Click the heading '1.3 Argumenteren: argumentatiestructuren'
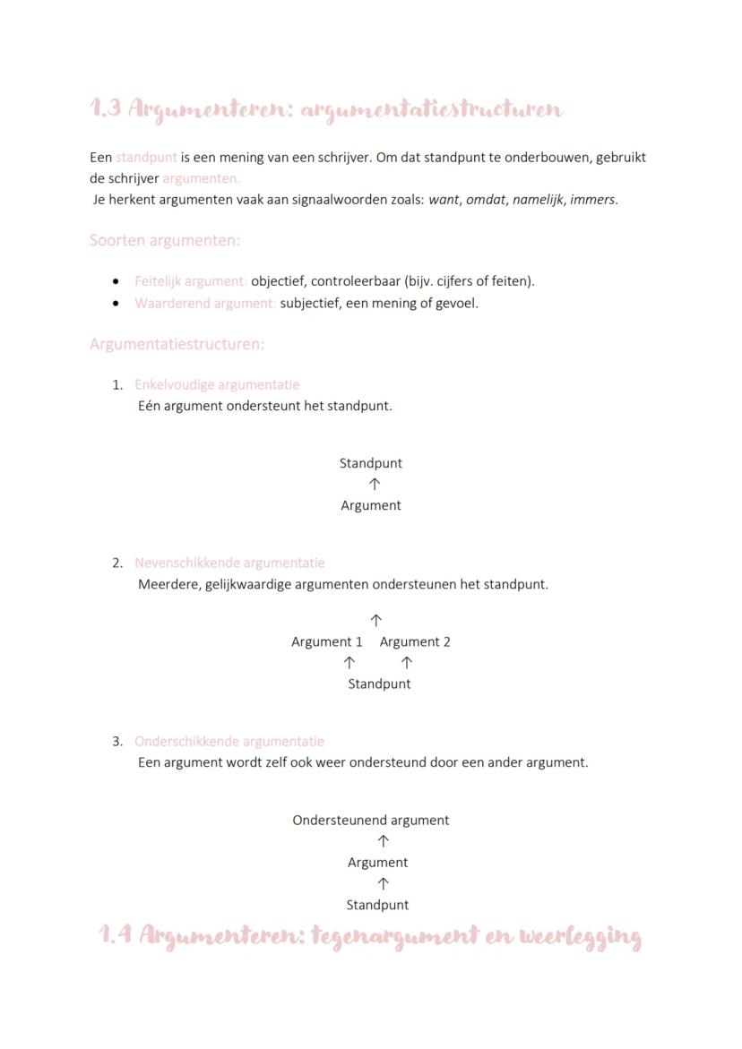[x=326, y=109]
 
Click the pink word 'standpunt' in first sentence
[x=146, y=157]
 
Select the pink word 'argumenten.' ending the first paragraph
[x=201, y=178]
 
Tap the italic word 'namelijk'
[x=538, y=200]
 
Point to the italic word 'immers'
[x=591, y=200]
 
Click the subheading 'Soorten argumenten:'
[x=165, y=240]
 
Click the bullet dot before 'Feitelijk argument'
[x=116, y=281]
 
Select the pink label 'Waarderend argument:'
[x=205, y=303]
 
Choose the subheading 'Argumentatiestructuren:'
[x=177, y=344]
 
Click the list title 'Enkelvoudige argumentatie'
[x=217, y=384]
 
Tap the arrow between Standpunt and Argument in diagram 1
[x=375, y=484]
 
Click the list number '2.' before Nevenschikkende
[x=117, y=563]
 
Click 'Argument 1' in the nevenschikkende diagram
[x=327, y=641]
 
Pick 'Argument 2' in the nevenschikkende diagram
[x=415, y=641]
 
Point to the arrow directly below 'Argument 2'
[x=407, y=663]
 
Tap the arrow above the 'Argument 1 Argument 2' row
[x=376, y=620]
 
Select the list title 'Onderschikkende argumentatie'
[x=229, y=741]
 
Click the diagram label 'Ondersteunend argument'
[x=371, y=820]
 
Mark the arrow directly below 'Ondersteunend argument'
[x=383, y=841]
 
